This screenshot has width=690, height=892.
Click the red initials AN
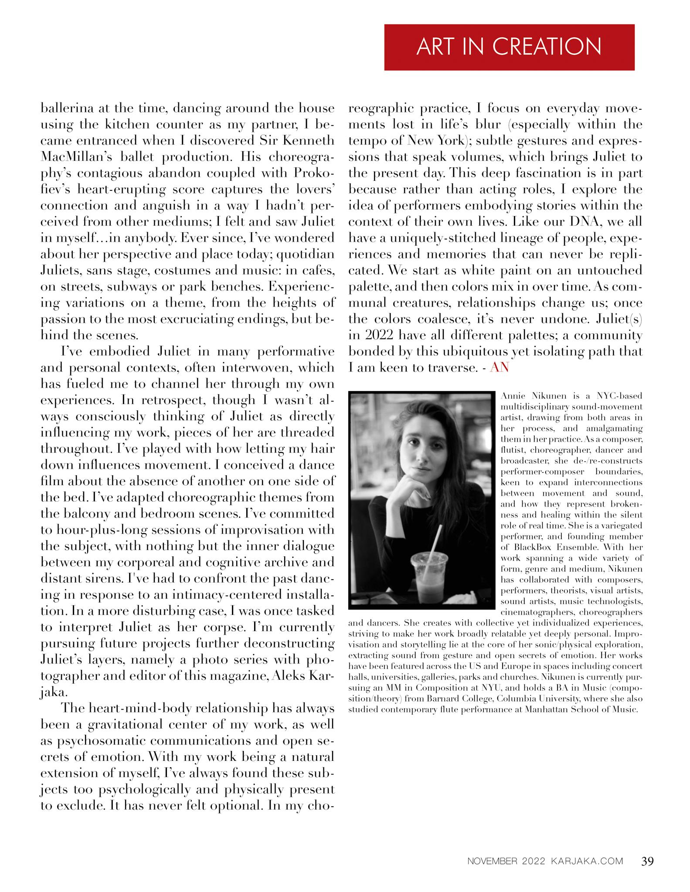(499, 368)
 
